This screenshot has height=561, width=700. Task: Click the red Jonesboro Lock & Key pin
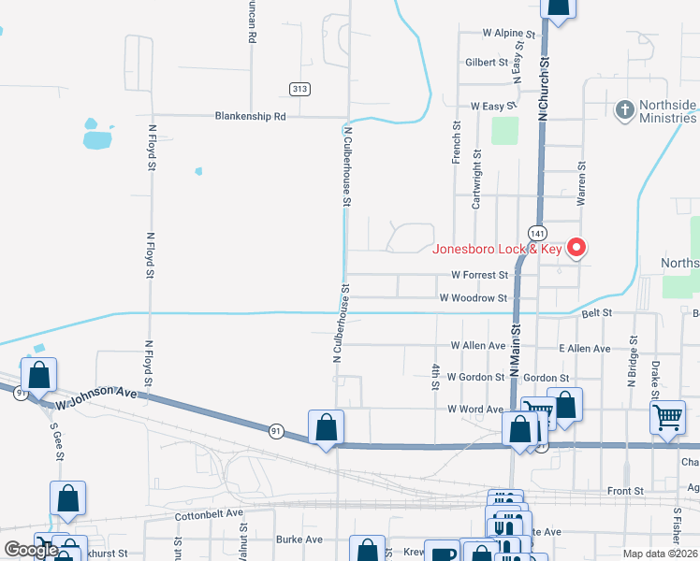577,248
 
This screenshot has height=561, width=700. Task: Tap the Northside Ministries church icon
624,110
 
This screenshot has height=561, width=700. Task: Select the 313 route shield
299,89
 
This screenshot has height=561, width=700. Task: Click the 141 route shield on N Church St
536,231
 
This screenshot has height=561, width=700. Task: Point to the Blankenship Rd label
250,117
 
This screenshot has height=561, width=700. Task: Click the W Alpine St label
508,33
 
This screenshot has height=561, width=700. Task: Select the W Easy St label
493,108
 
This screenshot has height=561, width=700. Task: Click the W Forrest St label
478,276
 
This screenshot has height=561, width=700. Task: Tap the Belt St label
596,312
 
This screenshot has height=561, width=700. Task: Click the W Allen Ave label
477,346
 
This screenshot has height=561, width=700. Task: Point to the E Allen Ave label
584,349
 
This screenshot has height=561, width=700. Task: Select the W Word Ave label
476,410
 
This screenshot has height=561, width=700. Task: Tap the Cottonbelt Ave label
209,515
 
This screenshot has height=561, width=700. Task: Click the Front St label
626,491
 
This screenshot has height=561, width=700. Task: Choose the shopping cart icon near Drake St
667,417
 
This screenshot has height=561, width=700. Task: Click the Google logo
30,550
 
